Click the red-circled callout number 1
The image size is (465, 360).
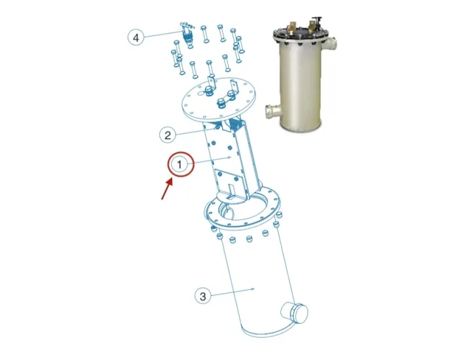(181, 165)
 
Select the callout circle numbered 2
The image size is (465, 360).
(168, 135)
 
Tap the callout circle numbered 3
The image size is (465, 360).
(203, 297)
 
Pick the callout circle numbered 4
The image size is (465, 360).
(136, 38)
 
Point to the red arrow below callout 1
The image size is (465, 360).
(166, 189)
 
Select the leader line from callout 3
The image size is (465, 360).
(232, 292)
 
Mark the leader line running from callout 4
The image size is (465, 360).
(161, 35)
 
